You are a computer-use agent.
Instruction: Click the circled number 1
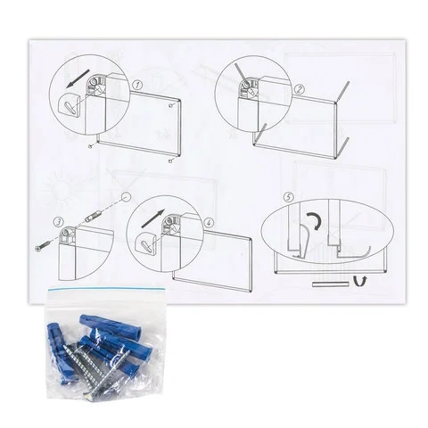tap(136, 86)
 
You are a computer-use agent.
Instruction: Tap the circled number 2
tap(300, 89)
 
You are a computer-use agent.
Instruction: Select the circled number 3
tap(58, 222)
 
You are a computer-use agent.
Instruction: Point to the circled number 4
tap(210, 223)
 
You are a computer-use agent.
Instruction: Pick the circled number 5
tap(288, 197)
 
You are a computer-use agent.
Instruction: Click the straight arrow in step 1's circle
tap(78, 78)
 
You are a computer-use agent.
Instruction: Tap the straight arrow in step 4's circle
tap(153, 218)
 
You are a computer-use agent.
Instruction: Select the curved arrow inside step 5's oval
tap(316, 221)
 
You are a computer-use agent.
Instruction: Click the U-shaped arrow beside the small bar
tap(360, 281)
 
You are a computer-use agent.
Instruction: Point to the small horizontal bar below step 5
tap(330, 284)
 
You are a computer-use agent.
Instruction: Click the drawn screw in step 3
tap(42, 246)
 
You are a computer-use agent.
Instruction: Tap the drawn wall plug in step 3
tap(93, 217)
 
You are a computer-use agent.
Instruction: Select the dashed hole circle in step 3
tap(127, 197)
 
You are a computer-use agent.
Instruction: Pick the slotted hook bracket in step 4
tap(145, 243)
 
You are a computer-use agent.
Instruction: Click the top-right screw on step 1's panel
tap(170, 105)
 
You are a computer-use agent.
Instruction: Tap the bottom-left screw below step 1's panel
tap(91, 146)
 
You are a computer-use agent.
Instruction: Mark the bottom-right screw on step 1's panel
tap(170, 160)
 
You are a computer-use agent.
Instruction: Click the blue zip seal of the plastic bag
tap(106, 289)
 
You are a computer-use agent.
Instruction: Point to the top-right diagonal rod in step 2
tap(342, 92)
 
